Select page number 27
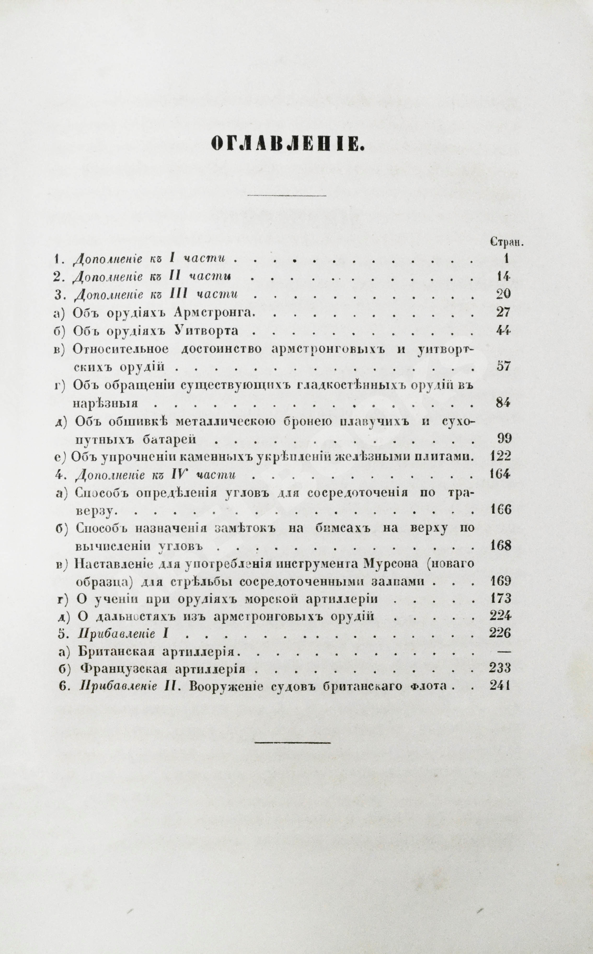pyautogui.click(x=502, y=313)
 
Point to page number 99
pyautogui.click(x=503, y=438)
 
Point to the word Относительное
pyautogui.click(x=121, y=349)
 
